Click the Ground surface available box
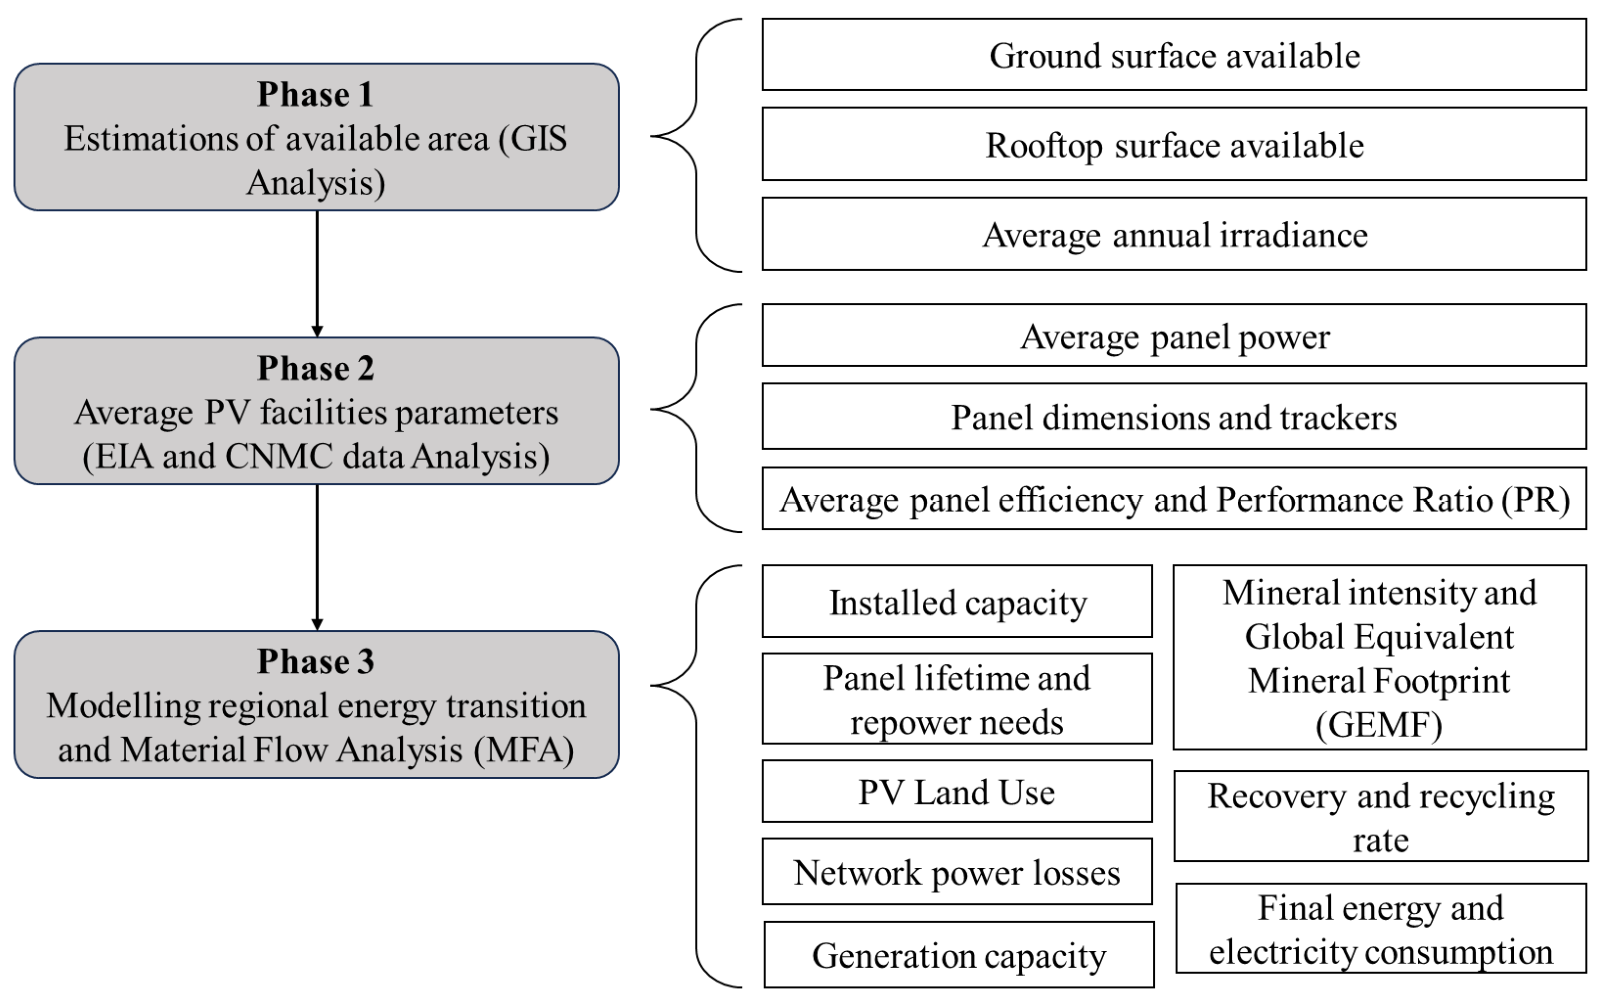(1174, 55)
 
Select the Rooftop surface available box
(1174, 144)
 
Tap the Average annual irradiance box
(1174, 235)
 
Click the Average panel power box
(1174, 336)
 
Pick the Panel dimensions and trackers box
(1174, 417)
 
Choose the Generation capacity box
(958, 955)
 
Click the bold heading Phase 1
(315, 94)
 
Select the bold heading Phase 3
(315, 661)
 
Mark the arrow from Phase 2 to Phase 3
(317, 556)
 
